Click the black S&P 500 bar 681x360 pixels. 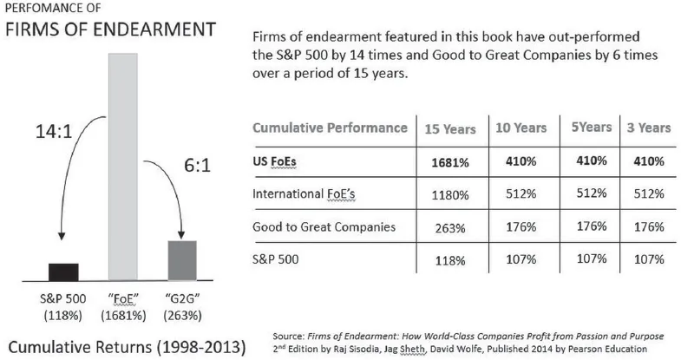pos(63,272)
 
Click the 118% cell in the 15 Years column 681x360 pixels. pos(449,259)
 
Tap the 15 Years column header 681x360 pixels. pos(449,128)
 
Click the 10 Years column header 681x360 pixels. pos(521,128)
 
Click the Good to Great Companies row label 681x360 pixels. pos(324,226)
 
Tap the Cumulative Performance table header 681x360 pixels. pos(330,128)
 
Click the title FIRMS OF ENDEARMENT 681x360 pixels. pos(109,29)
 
